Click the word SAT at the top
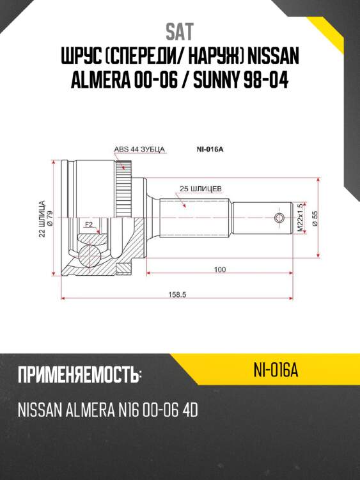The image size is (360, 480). click(x=179, y=31)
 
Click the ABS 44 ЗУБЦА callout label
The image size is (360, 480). click(x=139, y=149)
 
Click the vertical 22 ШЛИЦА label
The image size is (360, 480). click(x=42, y=219)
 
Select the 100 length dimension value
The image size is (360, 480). click(x=220, y=270)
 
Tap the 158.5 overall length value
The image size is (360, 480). click(x=176, y=295)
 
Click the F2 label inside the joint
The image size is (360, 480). click(x=89, y=225)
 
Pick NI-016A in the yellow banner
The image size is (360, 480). click(x=276, y=370)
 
